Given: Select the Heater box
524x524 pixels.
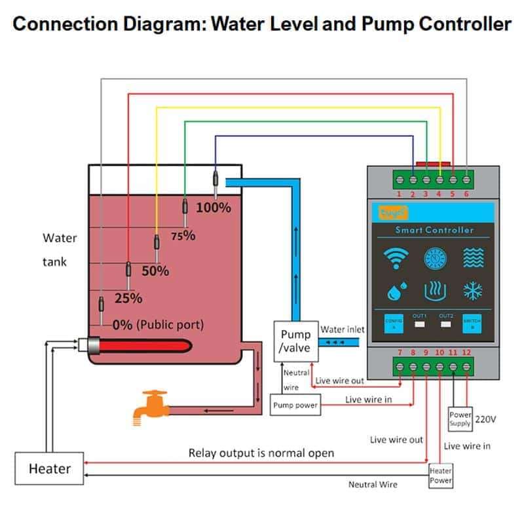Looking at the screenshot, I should (49, 469).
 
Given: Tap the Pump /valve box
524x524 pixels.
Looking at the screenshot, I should (295, 341).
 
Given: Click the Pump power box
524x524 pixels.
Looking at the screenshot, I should (295, 405).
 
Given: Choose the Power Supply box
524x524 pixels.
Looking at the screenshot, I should (460, 419).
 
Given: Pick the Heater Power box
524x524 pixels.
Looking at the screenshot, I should (440, 476).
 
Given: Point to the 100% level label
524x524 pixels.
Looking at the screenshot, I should (214, 208).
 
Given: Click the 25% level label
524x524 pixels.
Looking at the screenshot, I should (128, 298).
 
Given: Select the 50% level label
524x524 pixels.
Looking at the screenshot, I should (155, 271).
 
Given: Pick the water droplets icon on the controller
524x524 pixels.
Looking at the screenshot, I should (396, 290).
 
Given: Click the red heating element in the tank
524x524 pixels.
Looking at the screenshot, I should (144, 344).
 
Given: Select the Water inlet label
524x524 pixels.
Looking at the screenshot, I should (343, 329).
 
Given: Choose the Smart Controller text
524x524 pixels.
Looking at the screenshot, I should (434, 230).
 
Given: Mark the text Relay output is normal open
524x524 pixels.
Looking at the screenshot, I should (261, 453).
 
